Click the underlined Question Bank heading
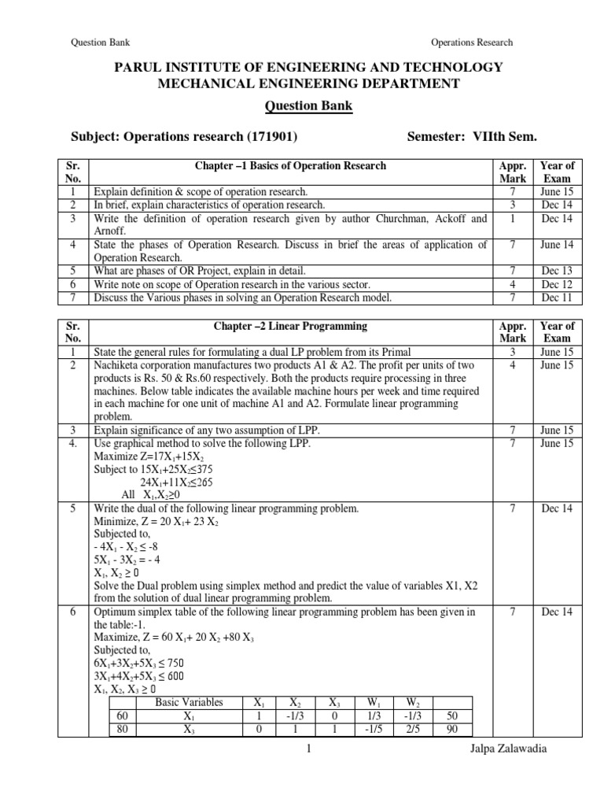click(x=302, y=106)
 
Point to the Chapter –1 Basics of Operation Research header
click(x=290, y=165)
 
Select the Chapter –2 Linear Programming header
click(x=290, y=325)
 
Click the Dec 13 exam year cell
click(x=557, y=271)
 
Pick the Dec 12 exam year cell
click(x=557, y=284)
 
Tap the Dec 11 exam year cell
click(x=557, y=298)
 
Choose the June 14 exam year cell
click(x=557, y=245)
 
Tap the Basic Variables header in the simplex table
click(x=189, y=702)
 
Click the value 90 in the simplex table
click(x=451, y=729)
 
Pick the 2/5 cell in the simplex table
click(x=412, y=729)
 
